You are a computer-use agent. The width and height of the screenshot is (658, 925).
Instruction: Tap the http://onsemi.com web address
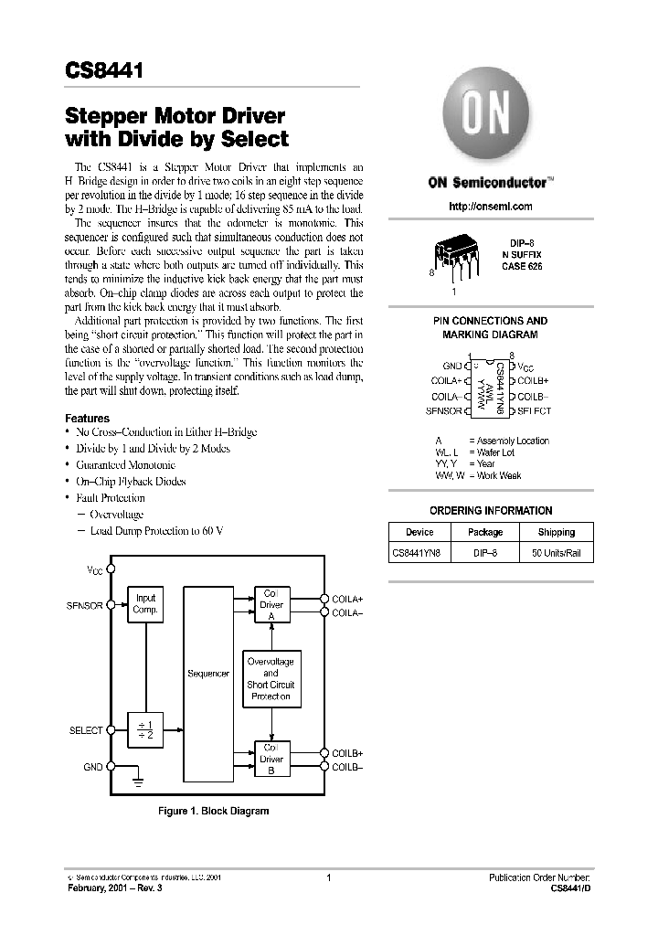[x=490, y=207]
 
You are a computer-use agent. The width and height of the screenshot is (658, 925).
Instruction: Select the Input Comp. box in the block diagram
[x=145, y=604]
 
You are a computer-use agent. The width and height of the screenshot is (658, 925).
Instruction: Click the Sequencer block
[x=208, y=674]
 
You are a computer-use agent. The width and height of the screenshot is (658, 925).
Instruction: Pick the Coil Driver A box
[x=271, y=604]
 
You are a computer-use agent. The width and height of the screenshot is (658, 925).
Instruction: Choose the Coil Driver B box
[x=271, y=759]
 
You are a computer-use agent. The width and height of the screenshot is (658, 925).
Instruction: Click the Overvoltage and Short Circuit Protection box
[x=271, y=678]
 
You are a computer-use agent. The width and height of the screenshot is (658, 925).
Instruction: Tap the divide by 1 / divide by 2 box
[x=145, y=731]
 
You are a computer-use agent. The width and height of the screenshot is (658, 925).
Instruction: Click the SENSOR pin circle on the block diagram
[x=111, y=604]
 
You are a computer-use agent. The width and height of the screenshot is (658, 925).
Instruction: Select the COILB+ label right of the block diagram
[x=346, y=753]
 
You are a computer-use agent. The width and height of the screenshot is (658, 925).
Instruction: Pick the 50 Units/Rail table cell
[x=557, y=554]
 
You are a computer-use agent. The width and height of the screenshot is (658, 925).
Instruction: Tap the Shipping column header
[x=557, y=532]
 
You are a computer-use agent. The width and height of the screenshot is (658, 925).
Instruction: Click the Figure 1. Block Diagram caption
[x=214, y=811]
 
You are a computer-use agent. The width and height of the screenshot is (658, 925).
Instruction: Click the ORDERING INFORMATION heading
[x=491, y=511]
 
